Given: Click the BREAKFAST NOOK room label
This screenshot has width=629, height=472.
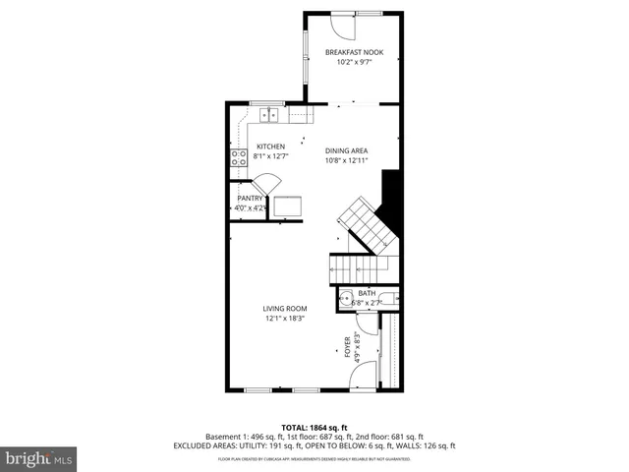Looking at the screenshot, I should click(354, 51).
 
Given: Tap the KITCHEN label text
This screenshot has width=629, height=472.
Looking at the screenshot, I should click(244, 147).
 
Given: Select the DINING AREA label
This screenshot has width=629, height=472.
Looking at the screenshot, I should click(346, 150).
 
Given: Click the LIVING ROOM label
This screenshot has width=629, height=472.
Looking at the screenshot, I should click(284, 308).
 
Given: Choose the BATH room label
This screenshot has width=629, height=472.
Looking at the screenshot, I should click(367, 293).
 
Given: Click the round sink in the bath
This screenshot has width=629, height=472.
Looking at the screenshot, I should click(346, 301).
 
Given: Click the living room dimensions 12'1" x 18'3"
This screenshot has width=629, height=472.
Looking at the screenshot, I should click(284, 319).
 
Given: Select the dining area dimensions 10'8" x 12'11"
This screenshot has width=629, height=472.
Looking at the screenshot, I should click(346, 161).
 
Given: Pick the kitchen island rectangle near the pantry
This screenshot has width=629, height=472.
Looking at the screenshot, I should click(288, 206).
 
